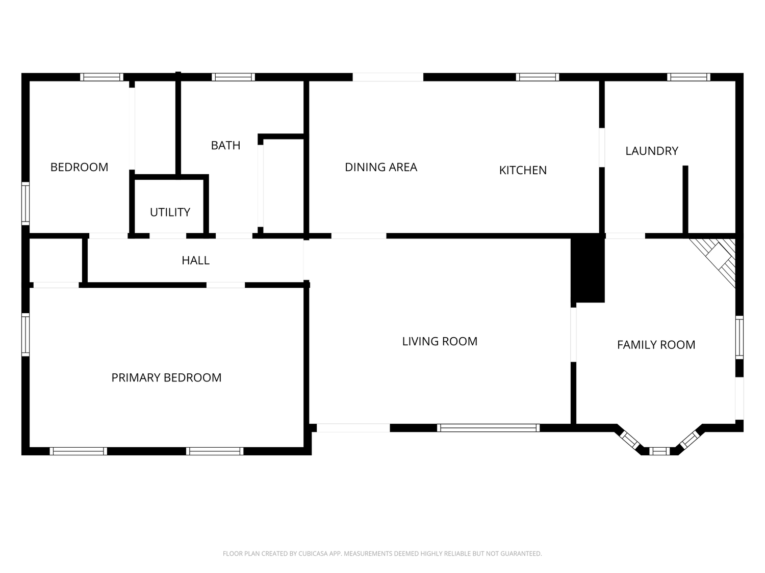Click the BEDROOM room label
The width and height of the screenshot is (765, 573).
coord(79,167)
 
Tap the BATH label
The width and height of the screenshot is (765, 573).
coord(225,145)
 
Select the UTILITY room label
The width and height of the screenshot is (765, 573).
coord(170,212)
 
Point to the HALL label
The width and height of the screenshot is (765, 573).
coord(195,260)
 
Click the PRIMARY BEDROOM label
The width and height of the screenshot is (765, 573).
coord(166,377)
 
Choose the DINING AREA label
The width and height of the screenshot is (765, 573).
coord(381,167)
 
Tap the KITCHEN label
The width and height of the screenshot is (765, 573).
coord(523,170)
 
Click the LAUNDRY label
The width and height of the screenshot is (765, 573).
coord(652,151)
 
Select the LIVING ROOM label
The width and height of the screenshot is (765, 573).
coord(440,341)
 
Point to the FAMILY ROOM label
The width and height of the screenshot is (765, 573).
coord(656,345)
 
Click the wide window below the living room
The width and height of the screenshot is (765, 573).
coord(488,428)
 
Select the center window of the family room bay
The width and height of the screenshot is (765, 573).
coord(659,451)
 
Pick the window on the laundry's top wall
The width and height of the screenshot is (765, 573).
coord(688,77)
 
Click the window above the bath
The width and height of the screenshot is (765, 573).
coord(234,77)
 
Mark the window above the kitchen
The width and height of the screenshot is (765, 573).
coord(538,77)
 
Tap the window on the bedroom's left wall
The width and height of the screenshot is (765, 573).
coord(25,203)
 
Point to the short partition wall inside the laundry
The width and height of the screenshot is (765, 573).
coord(685,200)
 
